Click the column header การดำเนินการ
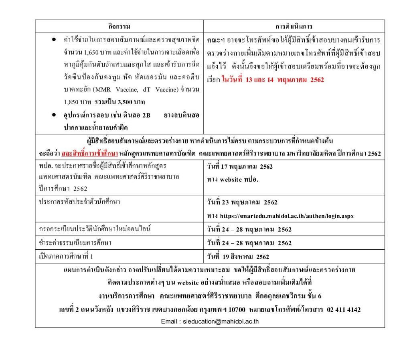tap(294, 26)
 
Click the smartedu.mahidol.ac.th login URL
tap(286, 216)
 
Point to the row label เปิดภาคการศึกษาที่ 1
tap(66, 256)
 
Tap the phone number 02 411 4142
tap(344, 309)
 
